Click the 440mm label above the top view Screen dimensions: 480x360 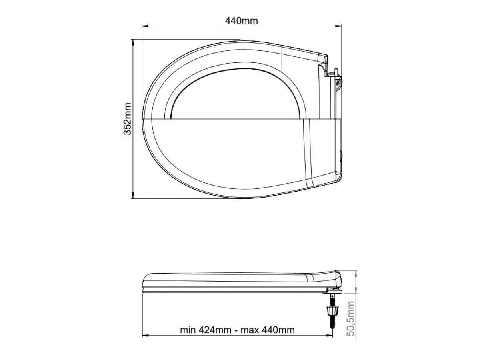coord(242,21)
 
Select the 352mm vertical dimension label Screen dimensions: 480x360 coord(128,119)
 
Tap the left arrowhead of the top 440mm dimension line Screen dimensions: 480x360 coord(145,26)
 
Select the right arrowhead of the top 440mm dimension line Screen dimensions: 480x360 coord(338,26)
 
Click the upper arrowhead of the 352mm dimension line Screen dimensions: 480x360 coord(133,43)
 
